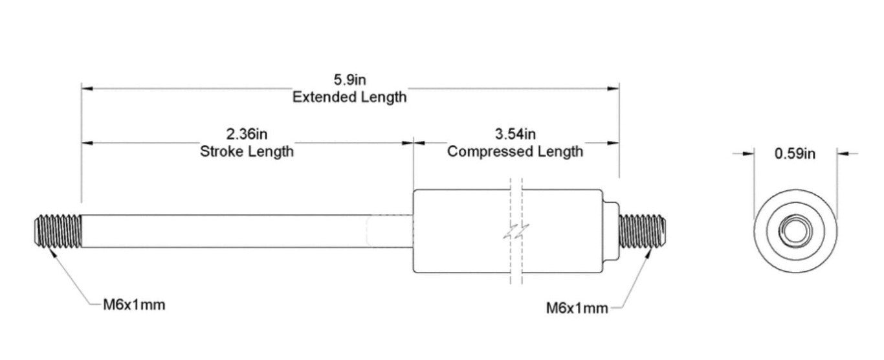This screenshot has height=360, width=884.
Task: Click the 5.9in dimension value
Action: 349,80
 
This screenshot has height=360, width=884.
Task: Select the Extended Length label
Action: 349,97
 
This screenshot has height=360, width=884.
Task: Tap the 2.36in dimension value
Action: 247,135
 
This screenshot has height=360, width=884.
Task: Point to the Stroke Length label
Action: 247,152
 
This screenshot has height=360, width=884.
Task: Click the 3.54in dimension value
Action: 515,135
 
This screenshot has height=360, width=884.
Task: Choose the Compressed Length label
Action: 515,152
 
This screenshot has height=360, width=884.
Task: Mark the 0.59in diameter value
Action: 795,154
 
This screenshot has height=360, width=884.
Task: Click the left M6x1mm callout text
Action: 135,304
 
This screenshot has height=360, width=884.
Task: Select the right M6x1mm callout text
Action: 577,308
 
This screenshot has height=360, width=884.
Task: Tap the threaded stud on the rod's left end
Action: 56,231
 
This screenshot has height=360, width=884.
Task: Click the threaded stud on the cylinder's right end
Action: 643,231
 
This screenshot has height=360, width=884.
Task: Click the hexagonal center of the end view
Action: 795,231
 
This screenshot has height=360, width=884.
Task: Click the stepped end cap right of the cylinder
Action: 610,231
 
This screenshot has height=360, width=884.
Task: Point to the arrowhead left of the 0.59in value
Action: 749,153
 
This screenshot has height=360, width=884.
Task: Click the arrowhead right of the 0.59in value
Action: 842,153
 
